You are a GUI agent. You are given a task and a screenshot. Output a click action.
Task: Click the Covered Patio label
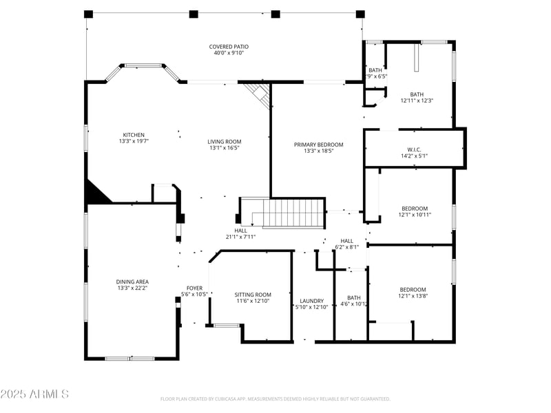[229, 47]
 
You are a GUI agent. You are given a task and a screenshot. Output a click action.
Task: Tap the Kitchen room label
[134, 135]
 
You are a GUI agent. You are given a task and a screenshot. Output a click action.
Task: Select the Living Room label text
[225, 142]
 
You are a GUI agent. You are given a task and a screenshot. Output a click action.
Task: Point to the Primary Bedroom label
[318, 145]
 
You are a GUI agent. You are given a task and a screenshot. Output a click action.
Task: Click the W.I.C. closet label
[414, 149]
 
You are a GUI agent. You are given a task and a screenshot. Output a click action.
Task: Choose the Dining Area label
[132, 282]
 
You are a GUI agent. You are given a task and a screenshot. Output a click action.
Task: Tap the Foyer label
[194, 288]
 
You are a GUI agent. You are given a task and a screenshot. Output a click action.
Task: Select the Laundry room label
[311, 301]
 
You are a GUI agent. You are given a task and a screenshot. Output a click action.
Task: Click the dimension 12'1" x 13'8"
[413, 296]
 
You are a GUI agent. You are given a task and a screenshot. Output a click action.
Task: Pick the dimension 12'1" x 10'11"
[415, 215]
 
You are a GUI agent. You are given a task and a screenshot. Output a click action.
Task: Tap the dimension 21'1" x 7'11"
[240, 237]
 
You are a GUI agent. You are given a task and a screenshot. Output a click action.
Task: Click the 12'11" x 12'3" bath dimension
[417, 100]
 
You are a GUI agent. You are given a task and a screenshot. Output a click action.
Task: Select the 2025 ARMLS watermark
[34, 394]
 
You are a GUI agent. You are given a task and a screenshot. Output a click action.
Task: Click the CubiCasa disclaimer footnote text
[275, 399]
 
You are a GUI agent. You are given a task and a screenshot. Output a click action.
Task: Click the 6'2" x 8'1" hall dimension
[346, 247]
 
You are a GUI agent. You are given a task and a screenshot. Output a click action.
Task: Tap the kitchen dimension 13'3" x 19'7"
[134, 141]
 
